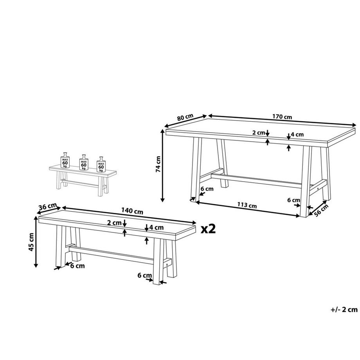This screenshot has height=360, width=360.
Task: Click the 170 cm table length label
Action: pyautogui.click(x=282, y=117)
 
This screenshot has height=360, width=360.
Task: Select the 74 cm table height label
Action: pyautogui.click(x=158, y=164)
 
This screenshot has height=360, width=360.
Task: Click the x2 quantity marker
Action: pyautogui.click(x=208, y=229)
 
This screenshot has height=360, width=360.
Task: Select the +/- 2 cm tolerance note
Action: pyautogui.click(x=344, y=310)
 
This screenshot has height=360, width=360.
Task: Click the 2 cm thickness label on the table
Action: pyautogui.click(x=258, y=133)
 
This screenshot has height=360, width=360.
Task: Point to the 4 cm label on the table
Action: pyautogui.click(x=297, y=135)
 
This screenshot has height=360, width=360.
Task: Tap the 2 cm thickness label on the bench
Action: pyautogui.click(x=114, y=223)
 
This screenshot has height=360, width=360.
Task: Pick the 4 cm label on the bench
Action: pyautogui.click(x=155, y=227)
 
